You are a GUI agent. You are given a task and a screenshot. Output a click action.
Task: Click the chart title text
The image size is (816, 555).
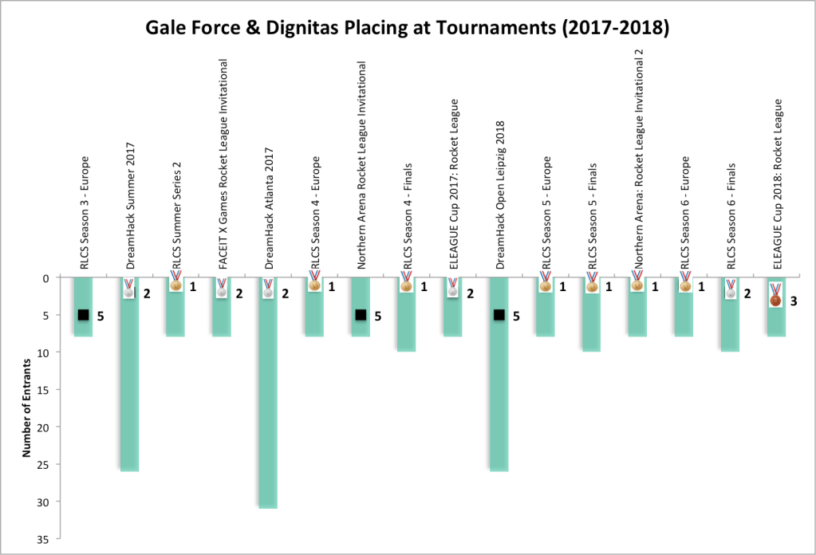pos(407,30)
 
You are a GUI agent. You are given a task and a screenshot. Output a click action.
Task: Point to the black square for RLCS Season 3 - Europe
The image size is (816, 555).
pos(82,315)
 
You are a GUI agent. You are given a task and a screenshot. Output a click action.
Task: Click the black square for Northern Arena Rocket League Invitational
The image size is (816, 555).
pos(360,315)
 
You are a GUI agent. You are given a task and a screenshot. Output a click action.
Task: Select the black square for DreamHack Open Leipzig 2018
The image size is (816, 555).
pos(499,315)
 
